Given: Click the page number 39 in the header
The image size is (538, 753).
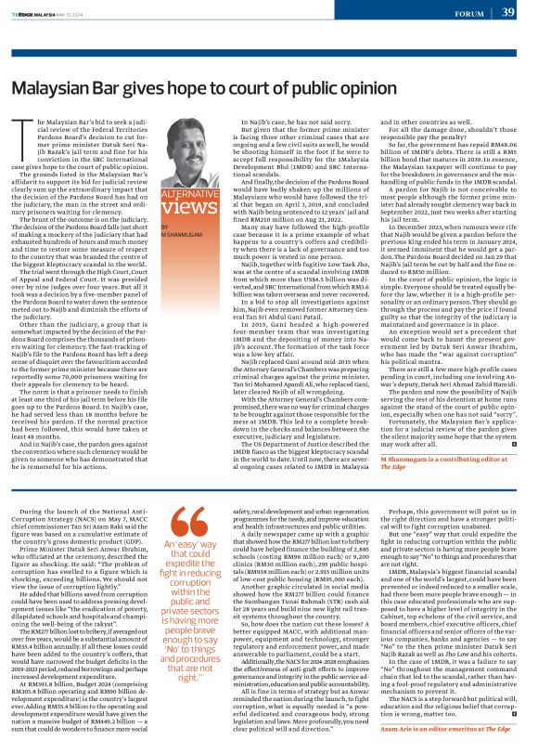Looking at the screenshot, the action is click(508, 12).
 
